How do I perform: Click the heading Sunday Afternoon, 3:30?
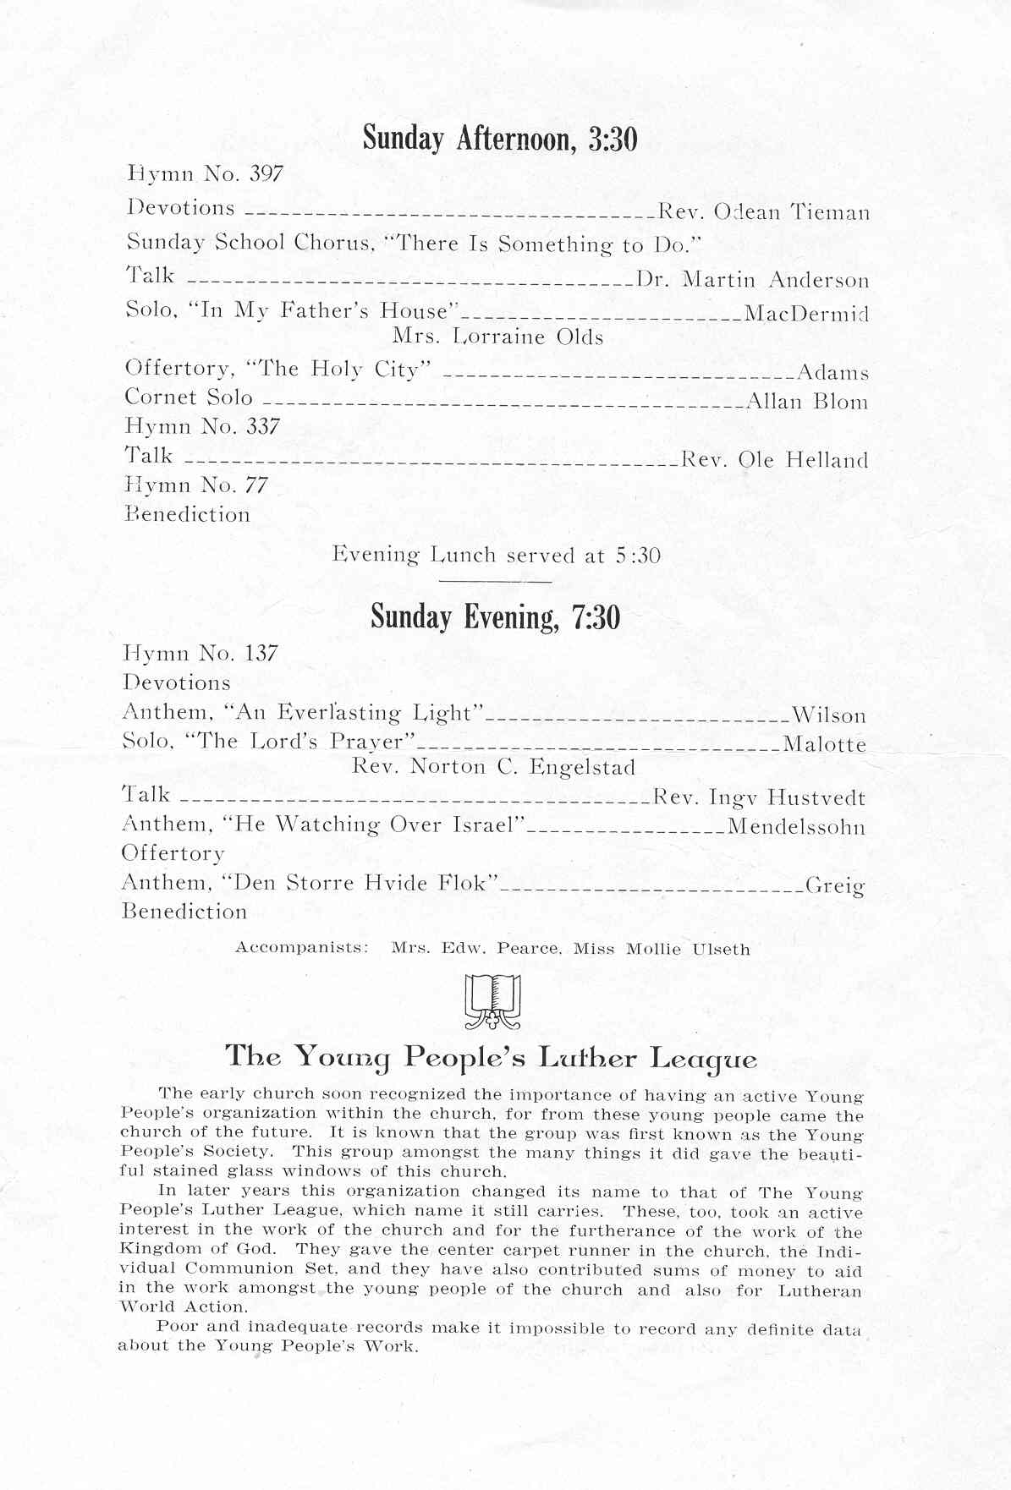[500, 138]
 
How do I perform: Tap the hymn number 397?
[266, 174]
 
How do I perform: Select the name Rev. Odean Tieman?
[763, 211]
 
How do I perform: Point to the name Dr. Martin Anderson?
[752, 280]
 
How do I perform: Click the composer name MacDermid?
[806, 315]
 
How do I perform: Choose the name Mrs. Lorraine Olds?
[497, 337]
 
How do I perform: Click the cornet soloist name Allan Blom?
[807, 402]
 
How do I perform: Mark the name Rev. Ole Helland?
[774, 461]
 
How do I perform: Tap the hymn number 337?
[263, 427]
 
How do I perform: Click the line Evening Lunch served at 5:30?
[496, 556]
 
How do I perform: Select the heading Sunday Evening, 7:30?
[496, 617]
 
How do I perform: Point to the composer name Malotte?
[824, 745]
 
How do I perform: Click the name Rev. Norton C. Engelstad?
[493, 768]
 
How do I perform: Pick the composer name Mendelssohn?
[796, 826]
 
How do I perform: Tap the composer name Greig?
[834, 886]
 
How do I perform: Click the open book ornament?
[493, 1002]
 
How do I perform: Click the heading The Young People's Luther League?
[491, 1058]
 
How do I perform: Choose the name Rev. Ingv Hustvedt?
[759, 798]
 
